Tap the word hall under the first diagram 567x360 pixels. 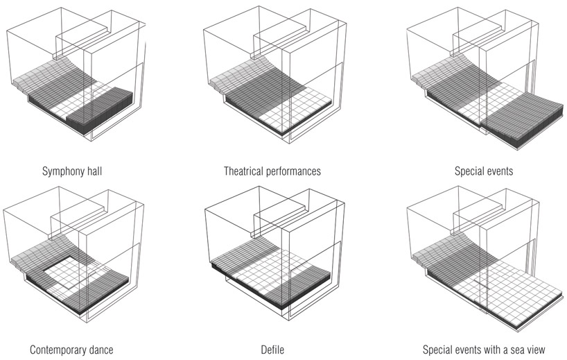point(93,171)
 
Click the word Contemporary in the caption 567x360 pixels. point(56,350)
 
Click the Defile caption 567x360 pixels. point(272,350)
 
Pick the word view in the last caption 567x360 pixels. point(536,350)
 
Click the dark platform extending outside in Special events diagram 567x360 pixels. point(523,119)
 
